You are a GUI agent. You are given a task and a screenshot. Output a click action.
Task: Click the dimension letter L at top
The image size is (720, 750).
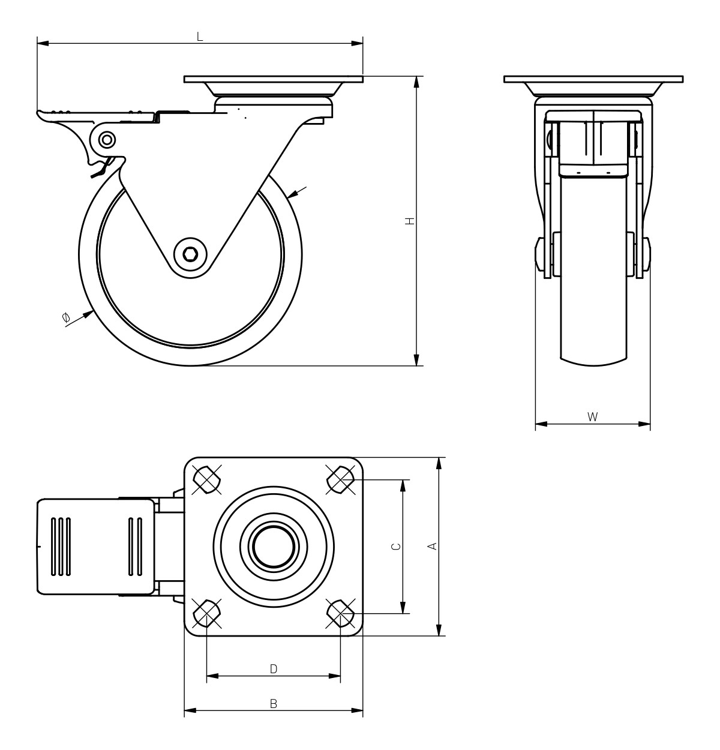point(199,37)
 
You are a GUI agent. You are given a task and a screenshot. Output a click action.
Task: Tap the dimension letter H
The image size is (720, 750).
point(410,221)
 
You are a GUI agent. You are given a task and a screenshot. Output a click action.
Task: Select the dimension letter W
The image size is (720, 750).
point(592,416)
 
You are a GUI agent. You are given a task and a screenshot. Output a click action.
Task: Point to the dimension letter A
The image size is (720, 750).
point(433,546)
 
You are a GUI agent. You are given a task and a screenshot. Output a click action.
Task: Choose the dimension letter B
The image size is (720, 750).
point(273,704)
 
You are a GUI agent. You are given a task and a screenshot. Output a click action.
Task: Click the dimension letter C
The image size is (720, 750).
point(396,546)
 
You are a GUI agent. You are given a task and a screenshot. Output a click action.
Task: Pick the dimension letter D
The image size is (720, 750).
point(273,669)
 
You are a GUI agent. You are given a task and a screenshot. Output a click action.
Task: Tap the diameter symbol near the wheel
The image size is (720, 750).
point(66,317)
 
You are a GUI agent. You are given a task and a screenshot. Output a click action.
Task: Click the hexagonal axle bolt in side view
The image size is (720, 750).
point(190,254)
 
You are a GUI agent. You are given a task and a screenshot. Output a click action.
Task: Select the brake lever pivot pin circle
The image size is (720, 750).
point(106,140)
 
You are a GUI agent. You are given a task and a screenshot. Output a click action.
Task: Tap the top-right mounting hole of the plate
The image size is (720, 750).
point(341,480)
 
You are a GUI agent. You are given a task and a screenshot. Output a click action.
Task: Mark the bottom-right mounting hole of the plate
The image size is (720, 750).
point(341,613)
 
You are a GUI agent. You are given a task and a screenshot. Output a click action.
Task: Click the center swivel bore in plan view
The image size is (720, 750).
point(273,547)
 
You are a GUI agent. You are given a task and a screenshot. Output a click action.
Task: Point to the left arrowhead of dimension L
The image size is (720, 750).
point(43,43)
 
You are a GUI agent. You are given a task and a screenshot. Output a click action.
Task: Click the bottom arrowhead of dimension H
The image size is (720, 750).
point(416,360)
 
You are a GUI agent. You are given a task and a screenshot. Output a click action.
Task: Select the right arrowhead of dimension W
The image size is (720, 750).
point(644,424)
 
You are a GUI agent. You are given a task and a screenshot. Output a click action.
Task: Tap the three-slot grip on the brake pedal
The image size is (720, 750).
point(61,547)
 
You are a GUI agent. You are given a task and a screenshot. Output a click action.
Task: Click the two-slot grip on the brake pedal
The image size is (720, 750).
point(135,547)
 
